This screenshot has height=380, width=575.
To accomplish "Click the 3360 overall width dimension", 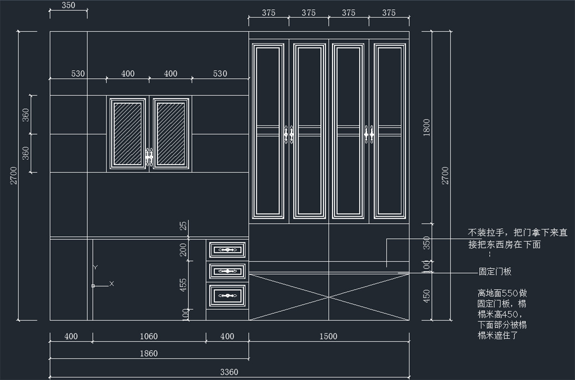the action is [x=229, y=372].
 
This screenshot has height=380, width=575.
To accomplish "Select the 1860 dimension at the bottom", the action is [x=149, y=354].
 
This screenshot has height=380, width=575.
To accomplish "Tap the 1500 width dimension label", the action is [x=328, y=336].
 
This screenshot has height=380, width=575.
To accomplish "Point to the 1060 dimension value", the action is [x=149, y=336].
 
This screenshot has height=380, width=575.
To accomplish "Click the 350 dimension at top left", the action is [x=69, y=5].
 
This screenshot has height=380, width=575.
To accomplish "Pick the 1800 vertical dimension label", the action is [x=426, y=127].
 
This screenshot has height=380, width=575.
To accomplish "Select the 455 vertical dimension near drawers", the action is [x=183, y=285].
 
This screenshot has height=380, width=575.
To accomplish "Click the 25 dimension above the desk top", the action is [x=183, y=226].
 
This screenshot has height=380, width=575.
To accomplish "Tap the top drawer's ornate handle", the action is [x=228, y=250].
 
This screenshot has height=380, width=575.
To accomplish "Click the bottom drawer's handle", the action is [x=228, y=296].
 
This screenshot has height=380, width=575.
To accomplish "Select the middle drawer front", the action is [x=228, y=271].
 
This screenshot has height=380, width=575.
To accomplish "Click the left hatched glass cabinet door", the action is [x=127, y=134].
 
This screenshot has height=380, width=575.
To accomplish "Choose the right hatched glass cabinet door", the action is [x=171, y=134].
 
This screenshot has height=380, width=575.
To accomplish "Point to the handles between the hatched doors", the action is [x=149, y=157].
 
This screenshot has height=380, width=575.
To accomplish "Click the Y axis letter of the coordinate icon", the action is [x=95, y=267].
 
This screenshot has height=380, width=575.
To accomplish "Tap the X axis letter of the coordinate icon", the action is [x=111, y=284].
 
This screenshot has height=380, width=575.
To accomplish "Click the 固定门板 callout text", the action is [x=495, y=271].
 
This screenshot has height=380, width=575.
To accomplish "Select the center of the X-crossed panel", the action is [x=329, y=297].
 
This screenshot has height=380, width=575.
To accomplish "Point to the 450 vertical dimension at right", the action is [x=426, y=296].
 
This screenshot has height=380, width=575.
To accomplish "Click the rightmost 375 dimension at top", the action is [x=389, y=12].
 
